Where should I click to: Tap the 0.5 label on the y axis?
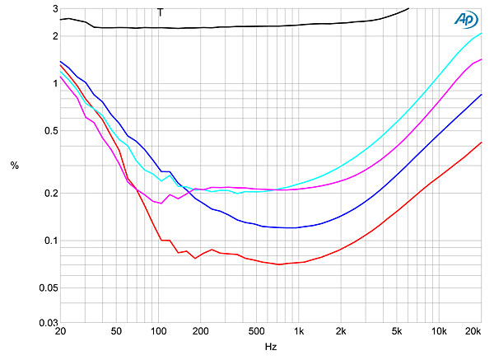[50, 131]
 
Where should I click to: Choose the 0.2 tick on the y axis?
[50, 194]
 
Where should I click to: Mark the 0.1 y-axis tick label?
[50, 241]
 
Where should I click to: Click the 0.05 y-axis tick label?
[48, 288]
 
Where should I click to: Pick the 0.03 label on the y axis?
[48, 322]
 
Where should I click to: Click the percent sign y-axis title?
[14, 166]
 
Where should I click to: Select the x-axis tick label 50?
[116, 332]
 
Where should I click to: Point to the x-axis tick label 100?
[158, 332]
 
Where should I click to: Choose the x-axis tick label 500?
[256, 332]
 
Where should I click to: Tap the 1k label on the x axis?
[298, 332]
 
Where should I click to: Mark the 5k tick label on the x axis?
[397, 332]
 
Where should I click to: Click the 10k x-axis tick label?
[439, 332]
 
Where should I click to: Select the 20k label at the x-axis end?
[473, 332]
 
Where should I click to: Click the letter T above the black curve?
[160, 12]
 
